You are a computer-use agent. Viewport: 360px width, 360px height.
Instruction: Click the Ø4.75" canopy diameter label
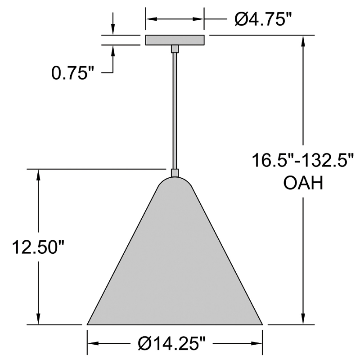(263, 19)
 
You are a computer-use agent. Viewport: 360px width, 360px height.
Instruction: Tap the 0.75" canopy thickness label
(73, 73)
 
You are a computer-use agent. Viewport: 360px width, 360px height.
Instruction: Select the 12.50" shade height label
(38, 247)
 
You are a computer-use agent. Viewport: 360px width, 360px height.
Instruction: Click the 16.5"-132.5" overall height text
(303, 160)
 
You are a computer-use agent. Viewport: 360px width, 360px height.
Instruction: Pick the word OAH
(303, 183)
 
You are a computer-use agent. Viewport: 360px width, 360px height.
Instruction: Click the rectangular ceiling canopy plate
(175, 40)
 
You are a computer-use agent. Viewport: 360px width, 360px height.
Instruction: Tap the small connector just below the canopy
(175, 49)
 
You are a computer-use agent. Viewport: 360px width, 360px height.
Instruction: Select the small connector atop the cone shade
(175, 173)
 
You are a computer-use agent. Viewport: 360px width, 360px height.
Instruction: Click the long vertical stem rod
(175, 111)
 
